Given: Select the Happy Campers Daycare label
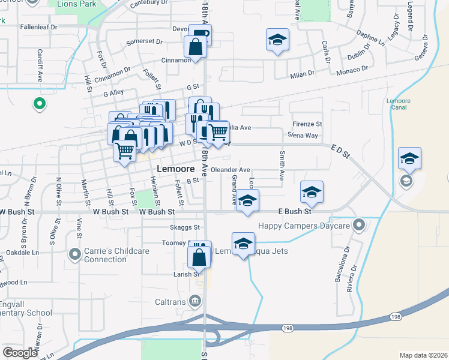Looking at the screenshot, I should [x=304, y=226].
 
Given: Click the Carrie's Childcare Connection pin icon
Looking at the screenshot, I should [x=75, y=255].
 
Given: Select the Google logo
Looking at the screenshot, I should [x=20, y=353].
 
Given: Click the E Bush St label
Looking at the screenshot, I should [x=295, y=212].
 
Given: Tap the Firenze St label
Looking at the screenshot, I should [x=307, y=124].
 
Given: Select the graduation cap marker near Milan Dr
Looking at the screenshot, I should [x=277, y=40].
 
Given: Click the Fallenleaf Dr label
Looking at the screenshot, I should [x=38, y=27].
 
